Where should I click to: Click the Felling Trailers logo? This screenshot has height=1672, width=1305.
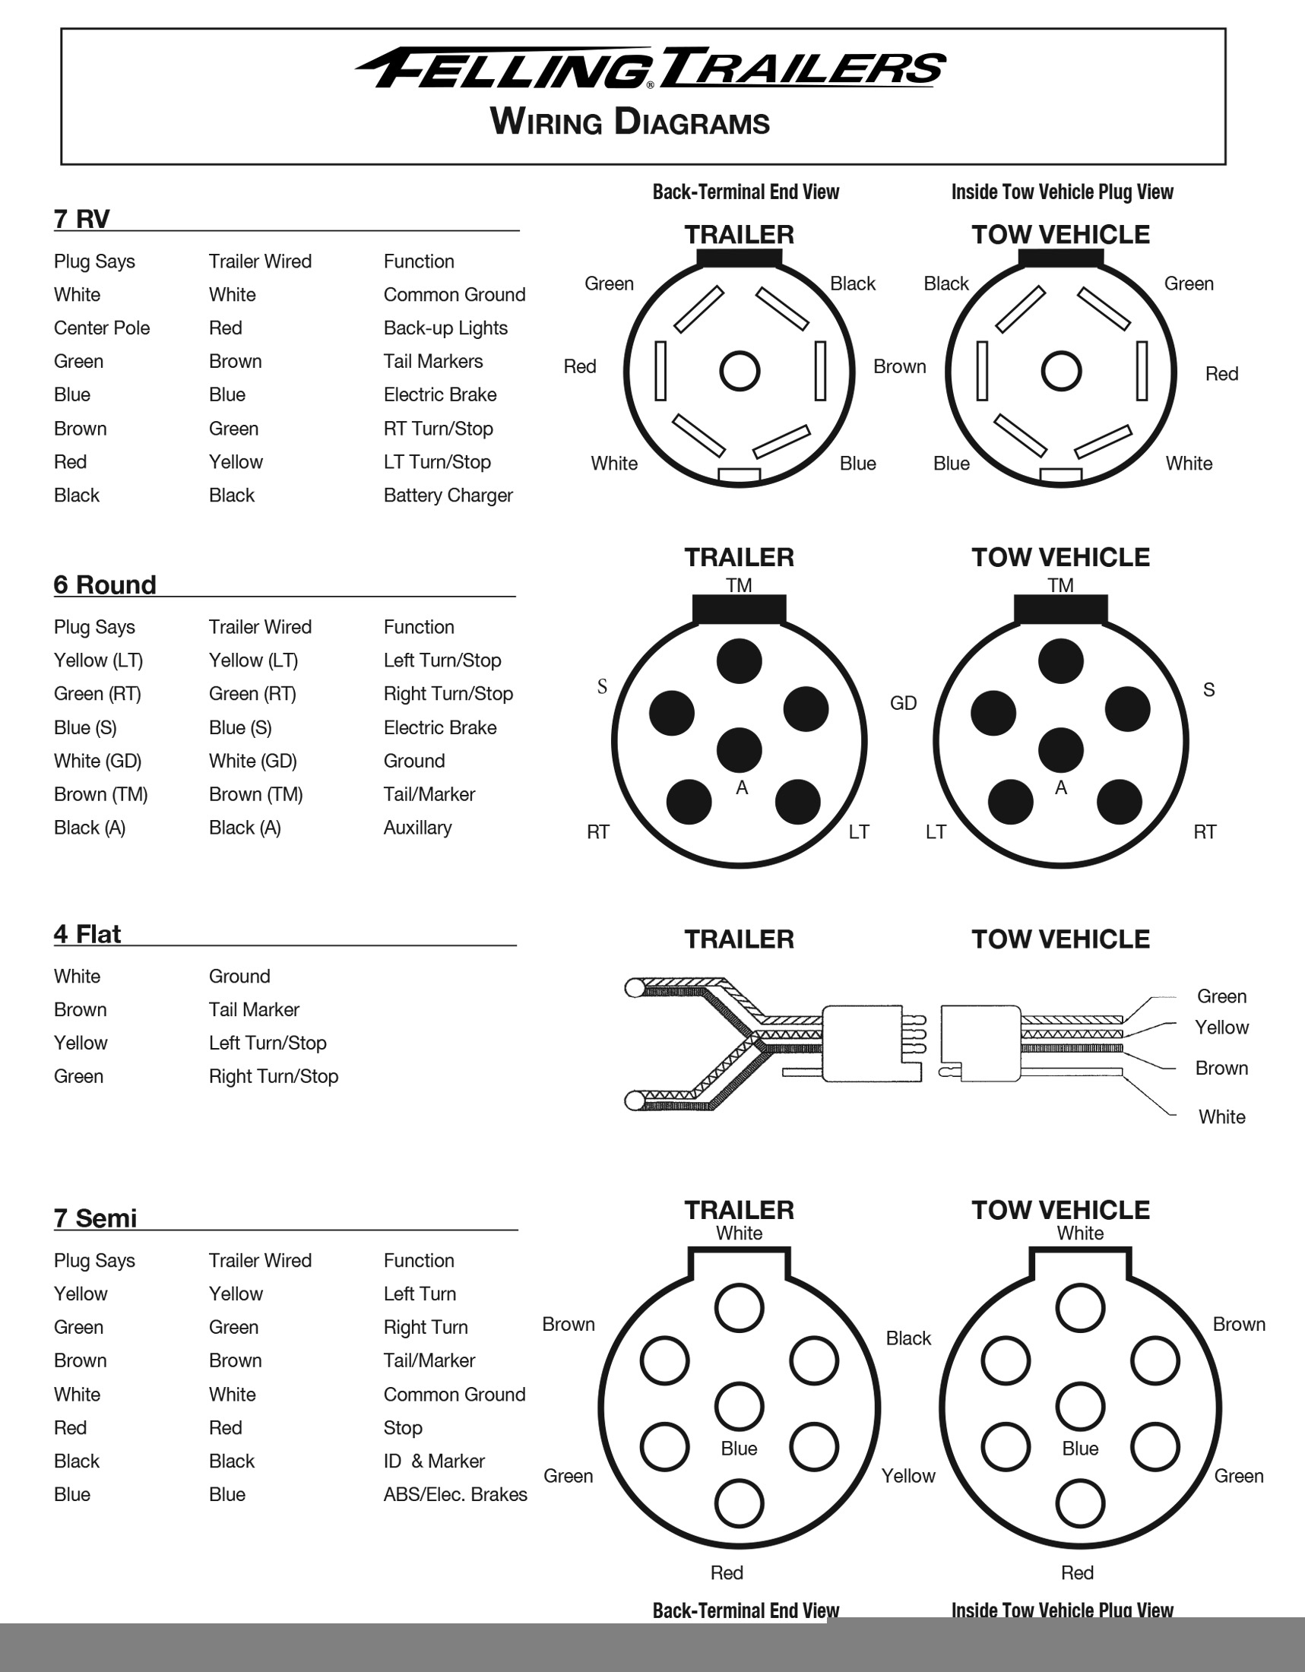click(651, 69)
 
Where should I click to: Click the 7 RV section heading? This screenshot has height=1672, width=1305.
click(81, 219)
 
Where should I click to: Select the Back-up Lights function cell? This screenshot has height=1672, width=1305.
click(445, 328)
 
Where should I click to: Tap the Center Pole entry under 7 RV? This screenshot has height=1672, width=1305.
click(102, 328)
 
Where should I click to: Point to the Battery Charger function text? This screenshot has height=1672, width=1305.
click(448, 496)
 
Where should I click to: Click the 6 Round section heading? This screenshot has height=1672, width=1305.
click(105, 585)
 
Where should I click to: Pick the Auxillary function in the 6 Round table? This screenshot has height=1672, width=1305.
click(417, 828)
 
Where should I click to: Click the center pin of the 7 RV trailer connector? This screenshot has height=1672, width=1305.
click(740, 372)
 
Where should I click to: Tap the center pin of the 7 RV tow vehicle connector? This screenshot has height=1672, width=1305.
click(1061, 372)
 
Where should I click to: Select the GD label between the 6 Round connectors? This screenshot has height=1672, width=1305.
click(903, 703)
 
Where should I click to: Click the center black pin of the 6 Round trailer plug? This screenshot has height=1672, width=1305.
click(740, 749)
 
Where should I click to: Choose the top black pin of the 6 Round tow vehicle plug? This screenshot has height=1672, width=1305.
click(1061, 660)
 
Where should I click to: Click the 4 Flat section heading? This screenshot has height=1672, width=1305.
click(87, 934)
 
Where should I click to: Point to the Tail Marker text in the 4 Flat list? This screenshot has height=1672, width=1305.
click(254, 1010)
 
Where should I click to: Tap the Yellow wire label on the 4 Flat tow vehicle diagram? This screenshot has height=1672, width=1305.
click(1221, 1028)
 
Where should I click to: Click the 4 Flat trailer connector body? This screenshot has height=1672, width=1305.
click(861, 1043)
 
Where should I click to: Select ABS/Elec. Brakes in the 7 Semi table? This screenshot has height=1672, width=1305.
click(455, 1494)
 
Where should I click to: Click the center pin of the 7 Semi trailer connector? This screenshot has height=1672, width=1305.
click(740, 1406)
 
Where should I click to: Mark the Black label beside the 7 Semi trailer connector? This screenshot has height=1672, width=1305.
click(908, 1338)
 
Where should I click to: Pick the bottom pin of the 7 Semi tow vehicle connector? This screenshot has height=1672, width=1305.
click(1080, 1503)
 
